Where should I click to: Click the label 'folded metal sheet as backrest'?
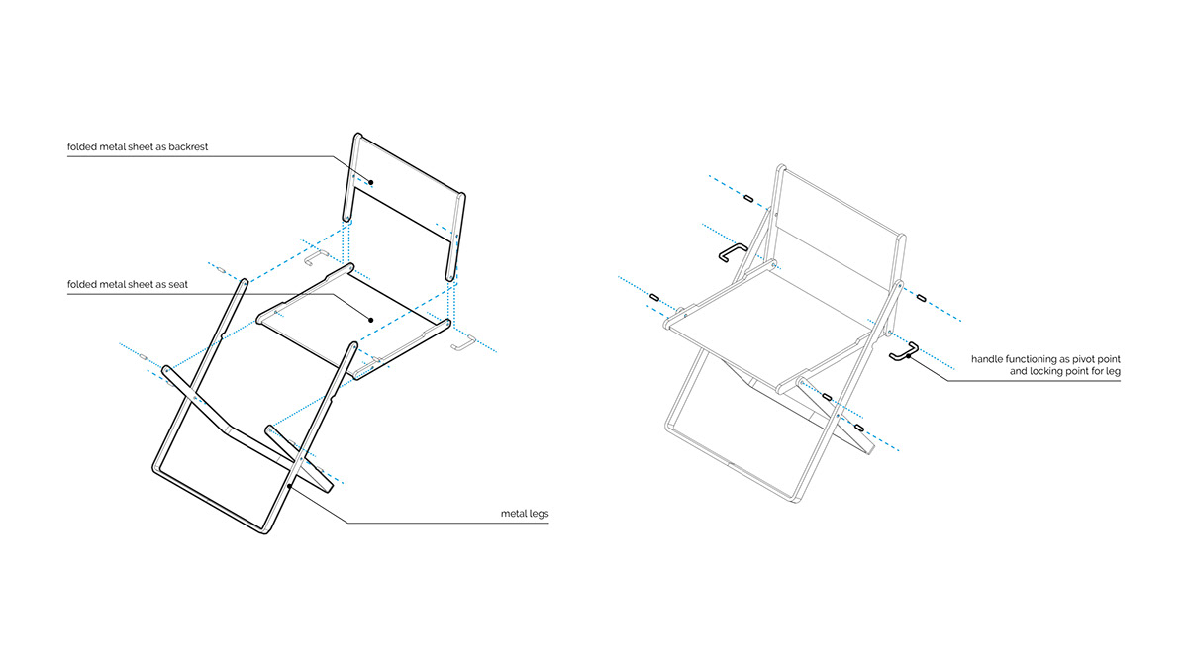click(x=138, y=147)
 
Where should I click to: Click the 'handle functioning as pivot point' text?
click(x=1045, y=357)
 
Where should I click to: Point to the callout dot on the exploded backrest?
click(x=371, y=182)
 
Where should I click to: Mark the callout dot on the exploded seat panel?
click(x=370, y=320)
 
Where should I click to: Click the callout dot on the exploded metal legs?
click(x=288, y=486)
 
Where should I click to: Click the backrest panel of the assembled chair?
click(x=841, y=213)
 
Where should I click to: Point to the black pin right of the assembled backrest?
click(x=921, y=296)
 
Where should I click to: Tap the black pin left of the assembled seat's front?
click(x=654, y=296)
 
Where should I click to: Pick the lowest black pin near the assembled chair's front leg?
click(x=858, y=429)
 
